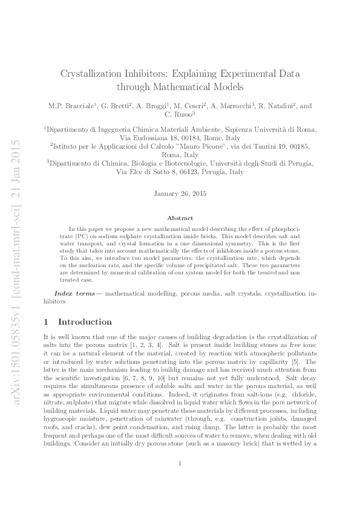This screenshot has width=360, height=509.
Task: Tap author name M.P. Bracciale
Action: coord(71,106)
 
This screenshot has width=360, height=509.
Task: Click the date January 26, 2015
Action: coord(180,195)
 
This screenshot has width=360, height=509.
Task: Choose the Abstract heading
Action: coord(180,218)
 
